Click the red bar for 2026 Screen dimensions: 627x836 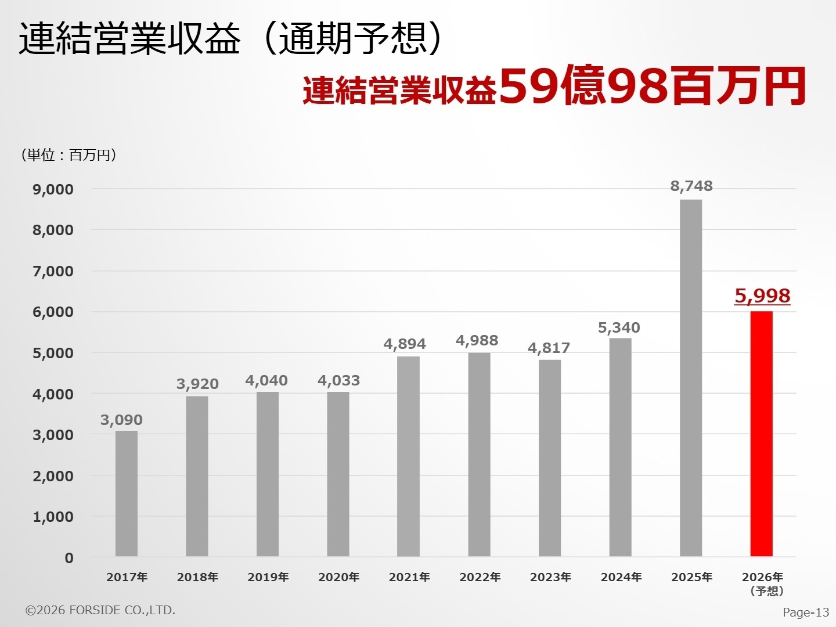point(761,434)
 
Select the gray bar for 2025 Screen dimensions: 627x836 point(690,378)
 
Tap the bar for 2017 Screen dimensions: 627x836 point(127,493)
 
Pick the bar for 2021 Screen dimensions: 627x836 point(408,456)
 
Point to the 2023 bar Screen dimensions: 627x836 point(549,458)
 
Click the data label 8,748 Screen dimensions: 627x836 point(691,186)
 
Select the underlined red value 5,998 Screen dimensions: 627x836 point(762,296)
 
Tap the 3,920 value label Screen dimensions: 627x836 point(197,384)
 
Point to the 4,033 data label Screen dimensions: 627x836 point(338,381)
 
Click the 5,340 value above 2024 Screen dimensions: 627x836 point(619,328)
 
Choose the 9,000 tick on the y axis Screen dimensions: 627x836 point(53,189)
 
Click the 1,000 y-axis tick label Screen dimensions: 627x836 point(53,517)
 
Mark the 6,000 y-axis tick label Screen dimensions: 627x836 point(53,312)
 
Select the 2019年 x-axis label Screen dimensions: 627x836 point(268,577)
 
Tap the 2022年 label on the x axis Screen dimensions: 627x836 point(480,577)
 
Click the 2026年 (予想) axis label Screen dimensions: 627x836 point(763,583)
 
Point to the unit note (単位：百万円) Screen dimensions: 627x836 point(69,155)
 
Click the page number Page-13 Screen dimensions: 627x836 point(806,612)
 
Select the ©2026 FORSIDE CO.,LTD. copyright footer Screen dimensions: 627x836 point(100,610)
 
